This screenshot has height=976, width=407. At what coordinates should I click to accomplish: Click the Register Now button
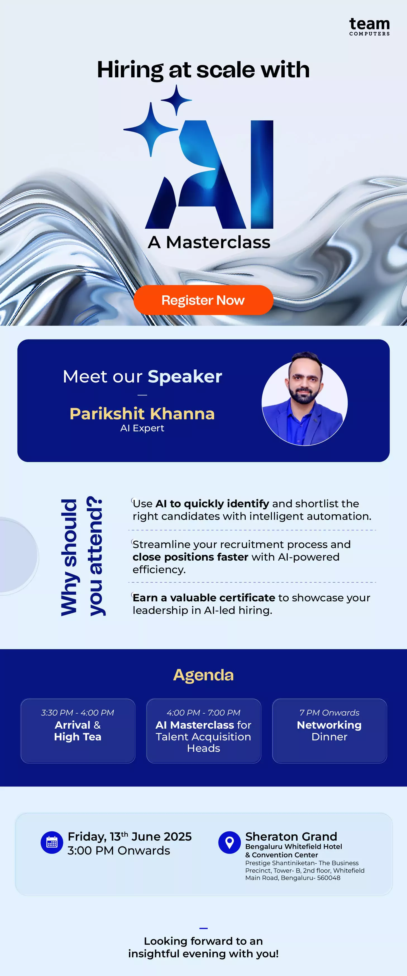(203, 300)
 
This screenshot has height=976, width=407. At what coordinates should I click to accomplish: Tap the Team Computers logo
(370, 27)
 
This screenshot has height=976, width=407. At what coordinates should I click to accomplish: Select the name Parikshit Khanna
(142, 413)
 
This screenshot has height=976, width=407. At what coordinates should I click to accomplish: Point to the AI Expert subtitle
(142, 428)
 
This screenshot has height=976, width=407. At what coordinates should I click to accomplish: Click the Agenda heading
(204, 675)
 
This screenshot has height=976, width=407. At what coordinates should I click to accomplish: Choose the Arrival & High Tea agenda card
(78, 731)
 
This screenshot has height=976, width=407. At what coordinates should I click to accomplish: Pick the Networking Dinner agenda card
(329, 731)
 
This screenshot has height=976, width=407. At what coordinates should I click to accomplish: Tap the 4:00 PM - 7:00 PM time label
(204, 713)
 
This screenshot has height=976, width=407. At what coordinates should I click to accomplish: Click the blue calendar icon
(52, 843)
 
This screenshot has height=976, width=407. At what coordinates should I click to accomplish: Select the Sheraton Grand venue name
(291, 836)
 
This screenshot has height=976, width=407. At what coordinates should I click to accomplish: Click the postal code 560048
(329, 878)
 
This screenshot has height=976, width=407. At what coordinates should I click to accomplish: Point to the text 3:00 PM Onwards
(119, 851)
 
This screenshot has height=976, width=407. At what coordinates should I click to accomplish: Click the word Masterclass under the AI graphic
(218, 242)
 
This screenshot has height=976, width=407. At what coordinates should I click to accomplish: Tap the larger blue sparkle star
(151, 130)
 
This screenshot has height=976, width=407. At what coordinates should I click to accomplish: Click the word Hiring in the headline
(130, 70)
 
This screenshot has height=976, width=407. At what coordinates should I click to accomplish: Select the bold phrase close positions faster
(190, 557)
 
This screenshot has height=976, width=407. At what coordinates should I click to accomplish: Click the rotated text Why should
(69, 557)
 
